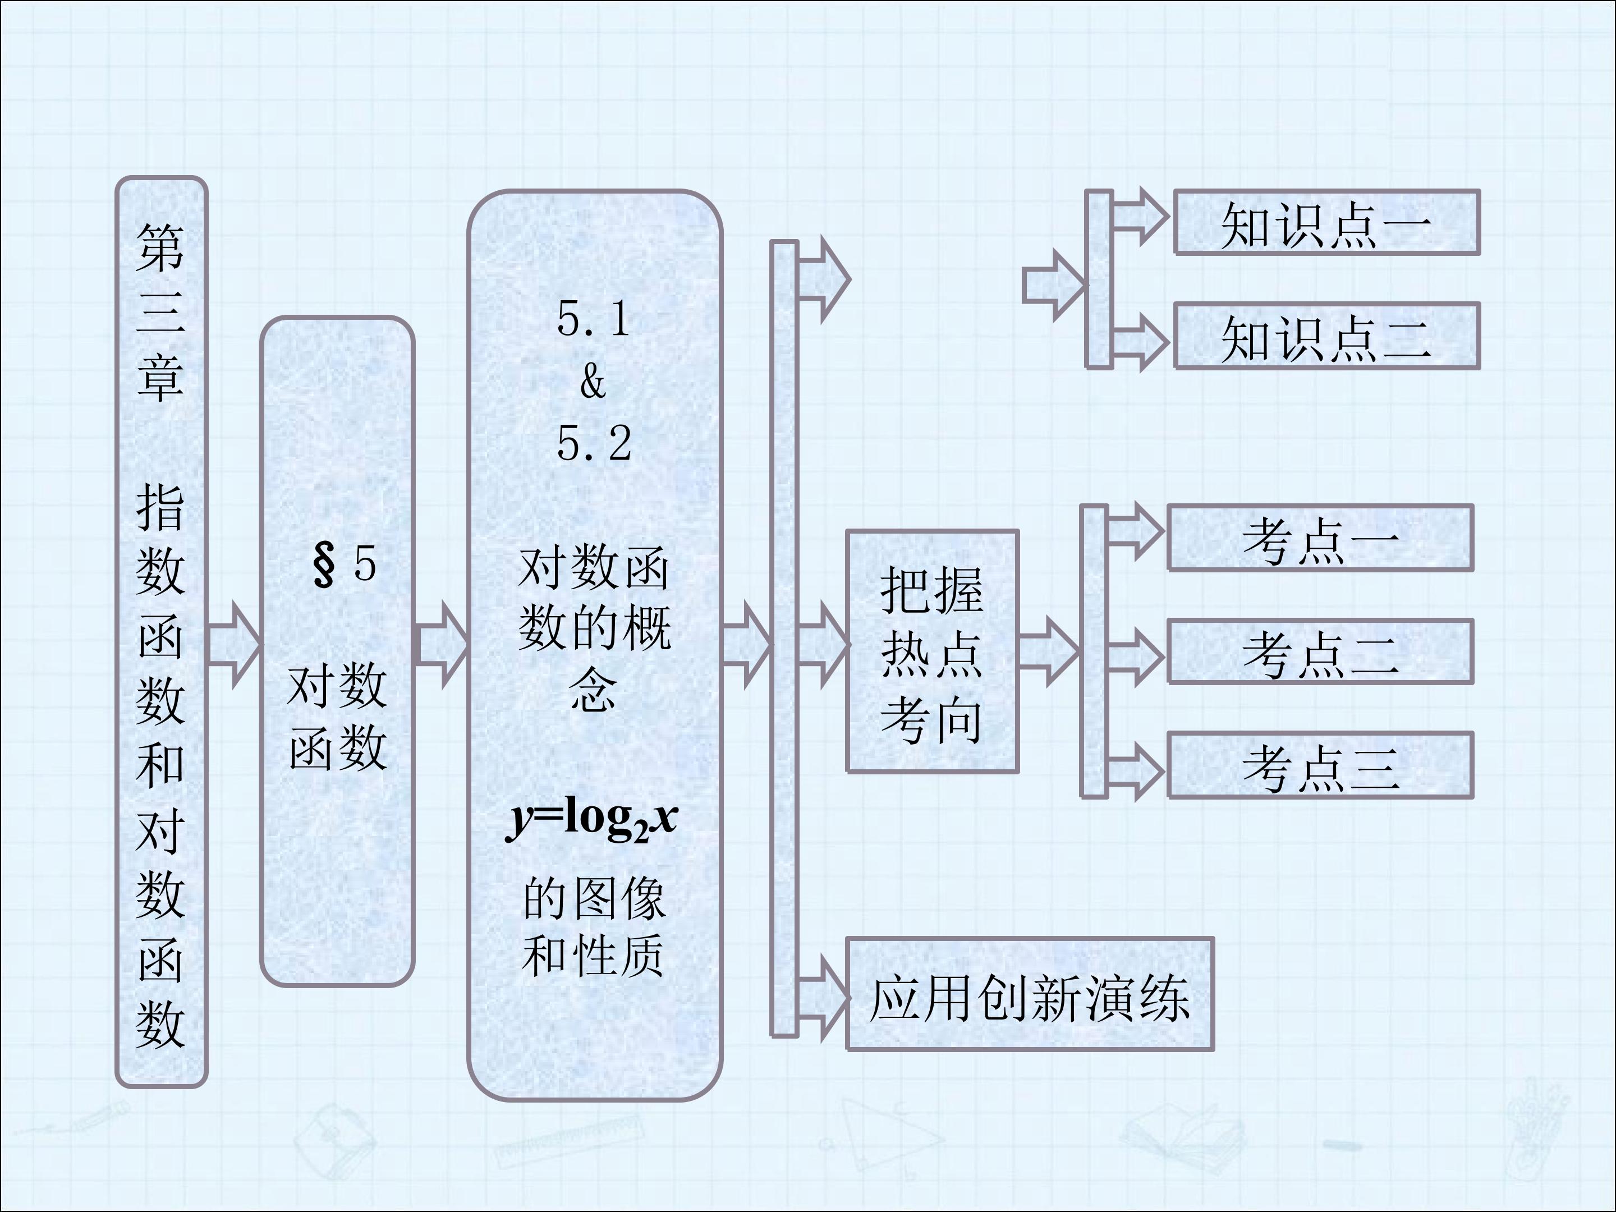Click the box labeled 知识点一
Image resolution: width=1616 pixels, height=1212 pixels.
(1326, 222)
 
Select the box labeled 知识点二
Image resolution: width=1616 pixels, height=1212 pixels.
(1326, 337)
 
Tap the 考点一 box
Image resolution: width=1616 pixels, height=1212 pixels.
(1320, 538)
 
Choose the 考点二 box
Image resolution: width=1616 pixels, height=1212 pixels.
(1320, 651)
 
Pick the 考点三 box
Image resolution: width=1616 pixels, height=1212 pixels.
(1320, 765)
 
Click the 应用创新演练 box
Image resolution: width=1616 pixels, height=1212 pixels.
(1030, 994)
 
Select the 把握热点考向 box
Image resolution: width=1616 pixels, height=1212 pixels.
(932, 651)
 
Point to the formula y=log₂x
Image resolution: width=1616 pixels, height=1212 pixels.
(592, 820)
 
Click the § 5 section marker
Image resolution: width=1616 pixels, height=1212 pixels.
(344, 564)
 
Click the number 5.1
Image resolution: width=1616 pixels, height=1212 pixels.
(593, 319)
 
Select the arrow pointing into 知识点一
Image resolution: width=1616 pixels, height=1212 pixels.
(1140, 217)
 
